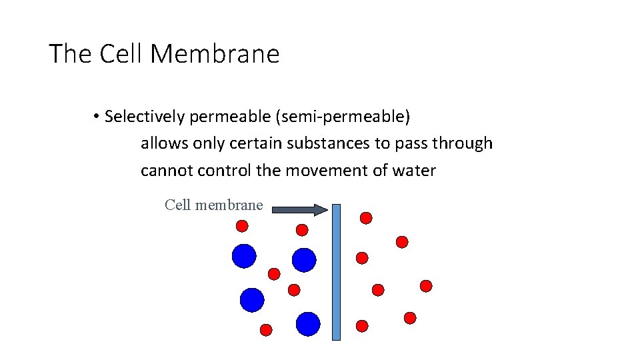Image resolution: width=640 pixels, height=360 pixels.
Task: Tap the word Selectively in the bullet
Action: pyautogui.click(x=145, y=117)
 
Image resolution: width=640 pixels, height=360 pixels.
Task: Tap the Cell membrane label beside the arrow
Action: pyautogui.click(x=213, y=205)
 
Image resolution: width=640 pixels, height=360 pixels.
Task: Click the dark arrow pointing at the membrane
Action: pyautogui.click(x=301, y=209)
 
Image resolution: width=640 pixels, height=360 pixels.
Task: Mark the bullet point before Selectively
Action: pyautogui.click(x=97, y=117)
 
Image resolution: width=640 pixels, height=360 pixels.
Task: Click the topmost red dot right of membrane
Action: pyautogui.click(x=366, y=218)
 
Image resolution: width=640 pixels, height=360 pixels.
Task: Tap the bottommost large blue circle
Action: pyautogui.click(x=308, y=324)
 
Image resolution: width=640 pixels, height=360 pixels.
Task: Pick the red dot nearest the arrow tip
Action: pyautogui.click(x=302, y=230)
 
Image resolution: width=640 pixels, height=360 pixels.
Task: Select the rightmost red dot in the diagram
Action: pyautogui.click(x=426, y=286)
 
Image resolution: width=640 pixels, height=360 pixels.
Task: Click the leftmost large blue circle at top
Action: pyautogui.click(x=244, y=255)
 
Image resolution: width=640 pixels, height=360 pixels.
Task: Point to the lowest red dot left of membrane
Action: pyautogui.click(x=265, y=329)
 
